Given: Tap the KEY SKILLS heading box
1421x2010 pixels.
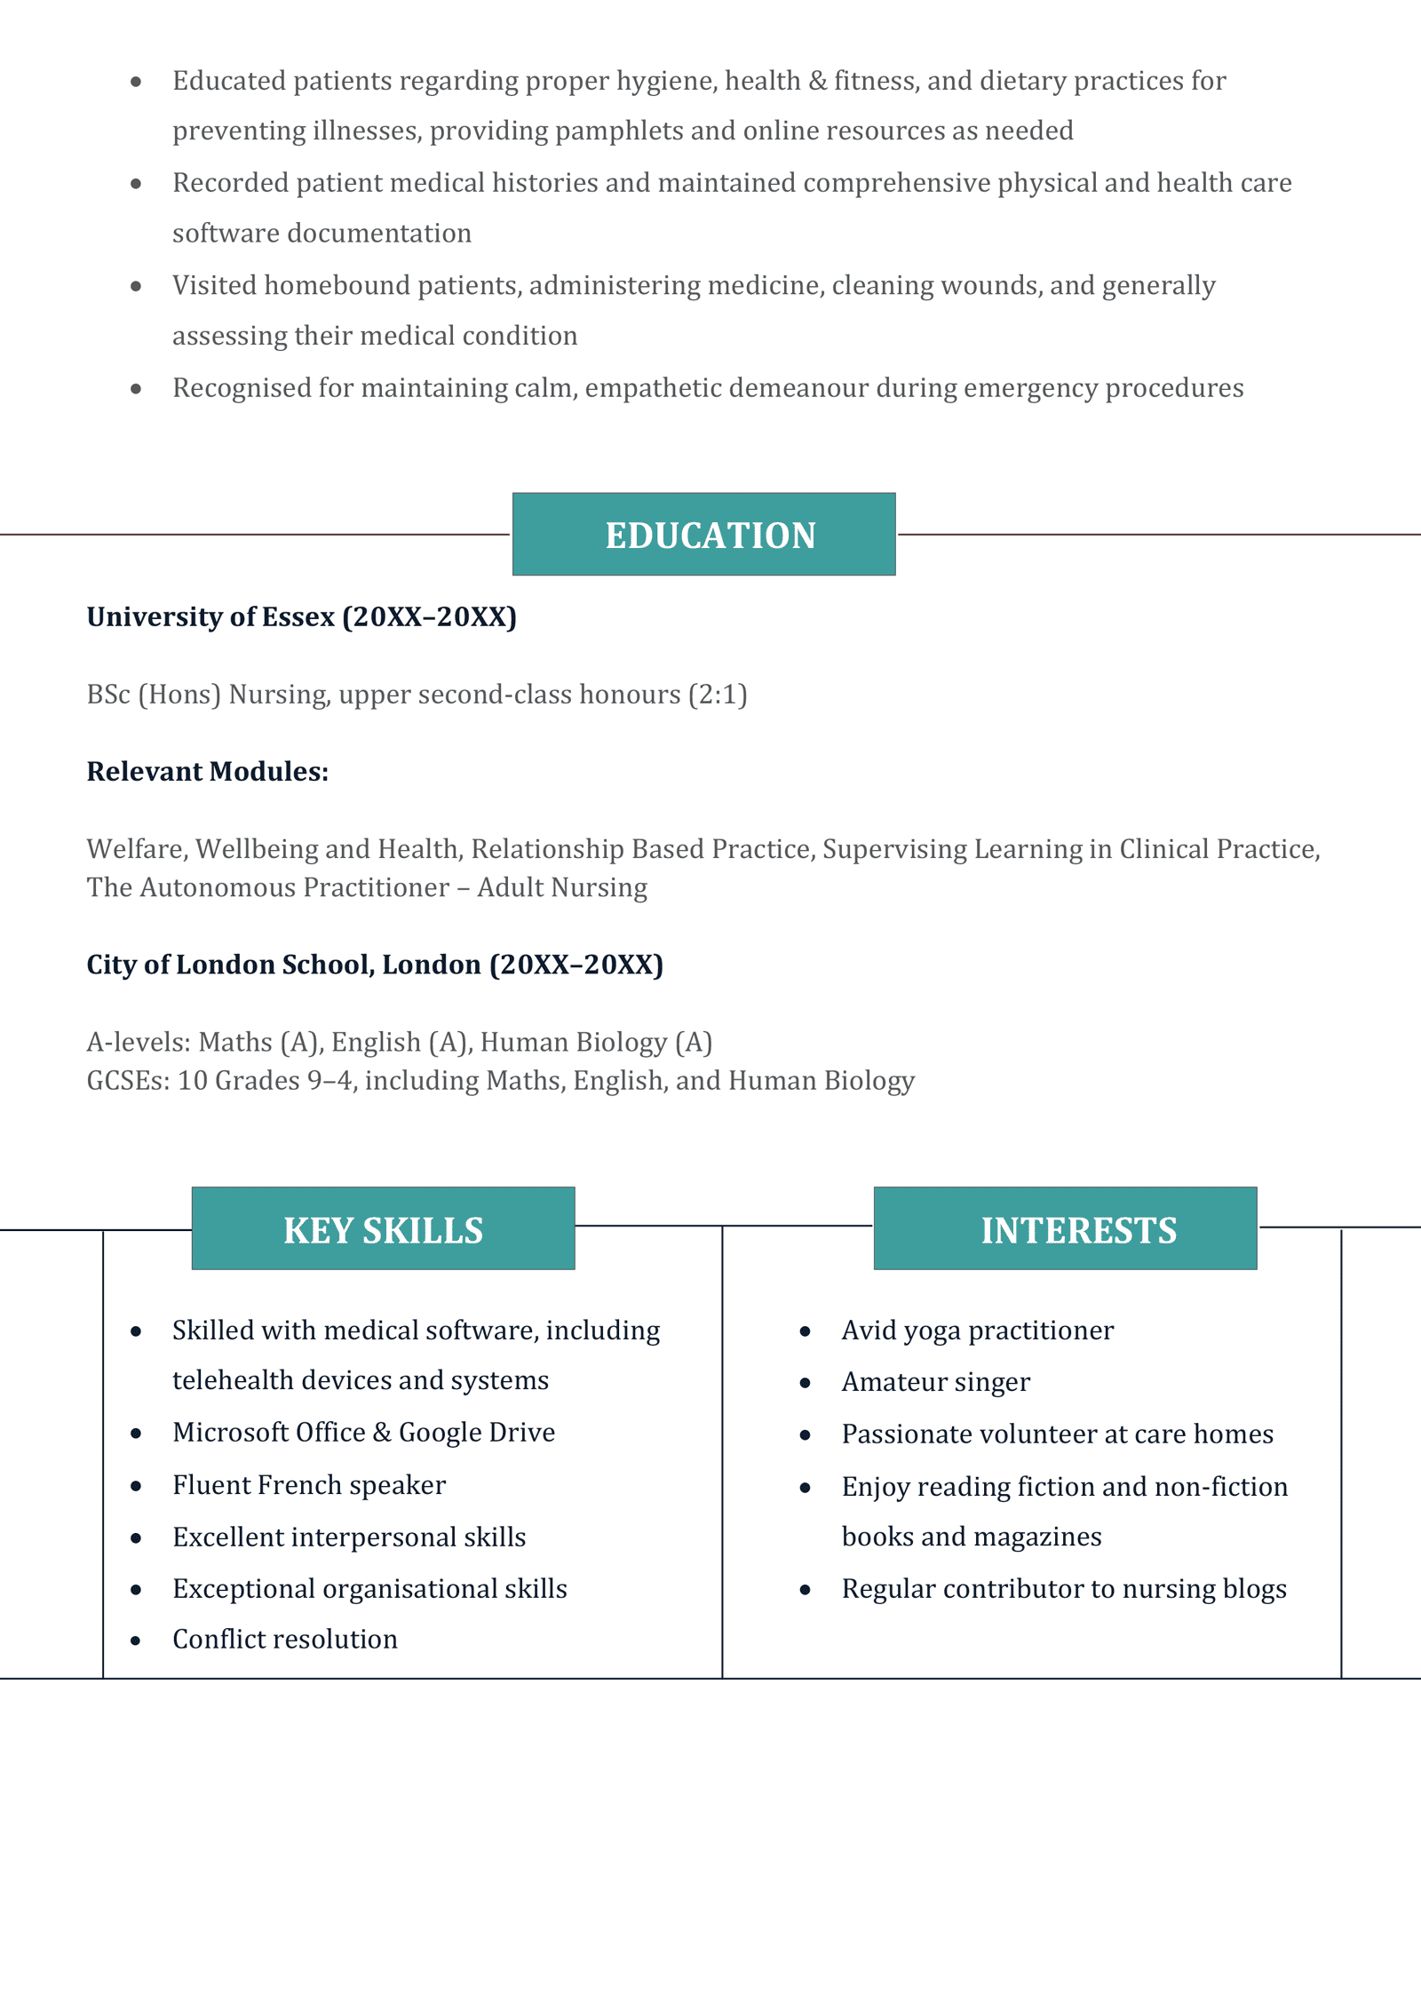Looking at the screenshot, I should point(383,1229).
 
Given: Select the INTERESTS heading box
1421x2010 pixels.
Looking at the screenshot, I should point(1065,1229).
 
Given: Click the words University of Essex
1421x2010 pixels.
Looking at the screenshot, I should point(210,617).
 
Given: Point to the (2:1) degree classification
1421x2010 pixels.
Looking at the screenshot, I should point(718,695).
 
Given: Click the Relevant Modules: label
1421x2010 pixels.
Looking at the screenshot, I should point(207,772).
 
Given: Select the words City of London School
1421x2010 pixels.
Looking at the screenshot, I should point(229,965).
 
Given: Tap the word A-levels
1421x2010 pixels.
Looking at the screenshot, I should point(138,1042).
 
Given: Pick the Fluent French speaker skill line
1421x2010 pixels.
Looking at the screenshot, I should point(309,1485).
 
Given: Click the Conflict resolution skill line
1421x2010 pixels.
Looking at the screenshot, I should point(285,1640).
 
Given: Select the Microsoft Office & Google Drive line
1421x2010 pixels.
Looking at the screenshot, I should point(363,1433).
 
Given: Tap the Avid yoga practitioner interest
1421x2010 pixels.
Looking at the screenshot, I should point(977,1331).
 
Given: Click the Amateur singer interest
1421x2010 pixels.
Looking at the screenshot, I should point(935,1382).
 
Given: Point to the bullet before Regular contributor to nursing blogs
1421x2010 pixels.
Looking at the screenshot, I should point(805,1590).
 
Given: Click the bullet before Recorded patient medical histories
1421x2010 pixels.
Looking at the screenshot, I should point(136,184).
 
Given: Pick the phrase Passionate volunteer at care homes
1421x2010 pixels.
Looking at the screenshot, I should point(1057,1434).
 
